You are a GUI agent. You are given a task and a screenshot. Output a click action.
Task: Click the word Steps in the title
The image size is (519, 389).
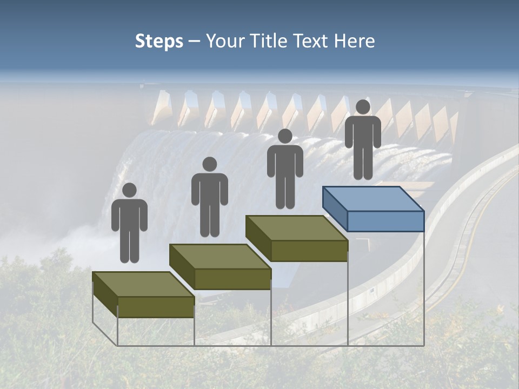pos(159,42)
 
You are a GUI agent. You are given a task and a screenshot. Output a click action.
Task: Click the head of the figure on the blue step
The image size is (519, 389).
pos(363,107)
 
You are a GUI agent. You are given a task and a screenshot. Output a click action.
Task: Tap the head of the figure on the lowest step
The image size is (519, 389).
pos(129,190)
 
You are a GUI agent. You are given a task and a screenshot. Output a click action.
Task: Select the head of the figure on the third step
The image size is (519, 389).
pos(285,136)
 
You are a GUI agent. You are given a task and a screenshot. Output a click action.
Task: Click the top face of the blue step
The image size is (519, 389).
pos(373,198)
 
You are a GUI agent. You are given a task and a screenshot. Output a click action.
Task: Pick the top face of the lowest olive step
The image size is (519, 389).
pos(143,284)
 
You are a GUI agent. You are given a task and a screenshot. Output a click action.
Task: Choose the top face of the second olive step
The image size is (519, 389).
pos(219,256)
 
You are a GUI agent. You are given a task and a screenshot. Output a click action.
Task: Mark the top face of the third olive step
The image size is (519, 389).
pos(296,227)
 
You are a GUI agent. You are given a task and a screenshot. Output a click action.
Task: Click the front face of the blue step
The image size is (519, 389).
pos(385,221)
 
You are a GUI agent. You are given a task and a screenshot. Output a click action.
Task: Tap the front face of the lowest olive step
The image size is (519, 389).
pos(156,307)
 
